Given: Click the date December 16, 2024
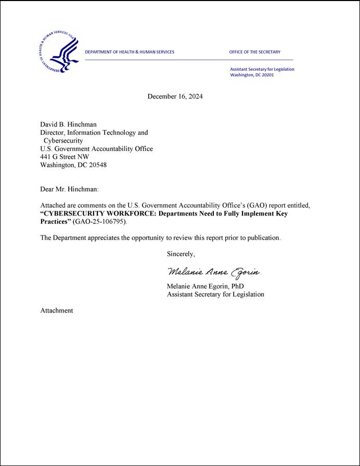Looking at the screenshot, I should tap(175, 96).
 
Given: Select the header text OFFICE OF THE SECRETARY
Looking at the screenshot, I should tap(254, 52).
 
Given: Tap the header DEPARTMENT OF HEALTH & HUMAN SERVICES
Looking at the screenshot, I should tap(130, 52).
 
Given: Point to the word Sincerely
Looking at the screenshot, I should tap(181, 254).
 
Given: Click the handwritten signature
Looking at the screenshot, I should tap(213, 272).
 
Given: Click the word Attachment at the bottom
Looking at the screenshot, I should tap(57, 311).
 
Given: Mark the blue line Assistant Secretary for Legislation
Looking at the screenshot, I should tap(262, 69).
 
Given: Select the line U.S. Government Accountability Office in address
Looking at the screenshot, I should tap(96, 149).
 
